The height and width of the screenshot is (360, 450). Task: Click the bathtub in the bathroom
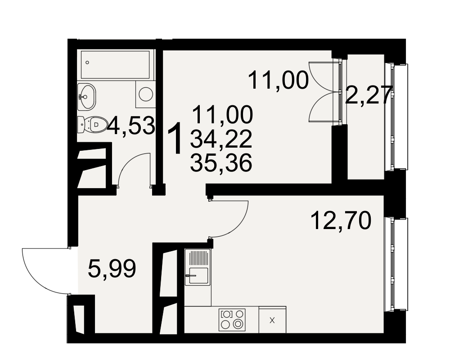click(x=115, y=65)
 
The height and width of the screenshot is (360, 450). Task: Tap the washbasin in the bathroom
click(x=86, y=96)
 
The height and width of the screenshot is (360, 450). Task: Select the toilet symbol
click(x=92, y=125)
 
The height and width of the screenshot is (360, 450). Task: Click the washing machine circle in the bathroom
click(x=146, y=94)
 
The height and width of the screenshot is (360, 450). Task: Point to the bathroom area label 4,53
click(x=131, y=126)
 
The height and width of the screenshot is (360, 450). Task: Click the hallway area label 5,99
click(x=112, y=268)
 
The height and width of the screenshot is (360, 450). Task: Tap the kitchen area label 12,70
click(x=341, y=220)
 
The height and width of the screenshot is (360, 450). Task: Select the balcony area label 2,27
click(x=369, y=95)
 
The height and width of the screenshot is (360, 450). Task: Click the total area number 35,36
click(x=221, y=163)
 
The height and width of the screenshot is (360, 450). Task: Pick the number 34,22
click(x=221, y=139)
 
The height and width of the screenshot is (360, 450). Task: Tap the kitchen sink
click(x=198, y=267)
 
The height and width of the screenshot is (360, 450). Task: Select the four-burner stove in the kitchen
click(x=232, y=319)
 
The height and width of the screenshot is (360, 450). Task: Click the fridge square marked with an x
click(x=272, y=320)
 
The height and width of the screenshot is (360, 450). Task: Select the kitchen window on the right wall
click(x=396, y=264)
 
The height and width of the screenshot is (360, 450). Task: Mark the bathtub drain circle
click(x=87, y=62)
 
